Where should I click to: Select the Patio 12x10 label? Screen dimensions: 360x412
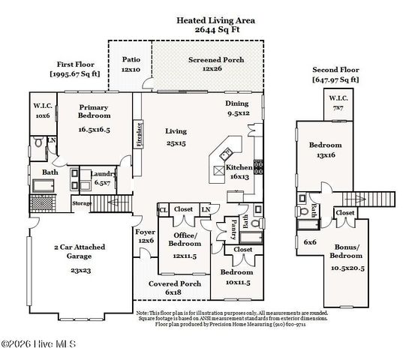click(x=131, y=63)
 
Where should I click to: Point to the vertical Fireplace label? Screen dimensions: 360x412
click(x=139, y=132)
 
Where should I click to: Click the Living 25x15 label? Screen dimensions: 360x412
click(x=176, y=136)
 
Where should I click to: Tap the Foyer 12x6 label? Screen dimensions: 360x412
click(x=145, y=236)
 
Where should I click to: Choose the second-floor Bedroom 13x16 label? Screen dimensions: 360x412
click(x=325, y=150)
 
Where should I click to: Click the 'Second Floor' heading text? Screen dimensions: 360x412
click(x=335, y=69)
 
